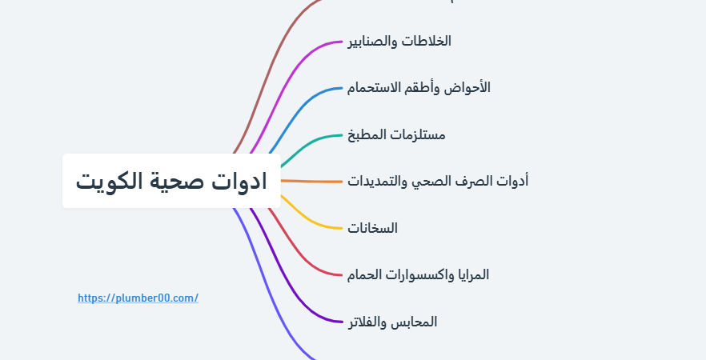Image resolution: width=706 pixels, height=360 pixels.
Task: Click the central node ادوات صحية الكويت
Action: click(x=171, y=181)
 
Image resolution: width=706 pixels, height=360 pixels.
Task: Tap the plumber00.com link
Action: click(x=138, y=298)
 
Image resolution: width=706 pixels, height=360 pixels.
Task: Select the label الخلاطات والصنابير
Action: click(x=399, y=42)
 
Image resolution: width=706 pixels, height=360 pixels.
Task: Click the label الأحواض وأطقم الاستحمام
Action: click(x=419, y=87)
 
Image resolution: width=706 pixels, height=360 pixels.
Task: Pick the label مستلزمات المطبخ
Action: click(x=396, y=134)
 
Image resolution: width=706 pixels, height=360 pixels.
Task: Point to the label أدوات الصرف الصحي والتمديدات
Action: click(x=438, y=181)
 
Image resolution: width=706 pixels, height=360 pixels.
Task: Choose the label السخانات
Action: click(x=372, y=228)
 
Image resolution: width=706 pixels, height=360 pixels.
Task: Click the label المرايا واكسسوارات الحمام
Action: click(x=418, y=274)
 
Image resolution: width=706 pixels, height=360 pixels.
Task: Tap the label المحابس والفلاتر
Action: click(x=392, y=322)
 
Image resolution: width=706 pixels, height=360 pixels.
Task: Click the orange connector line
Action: click(x=311, y=182)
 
